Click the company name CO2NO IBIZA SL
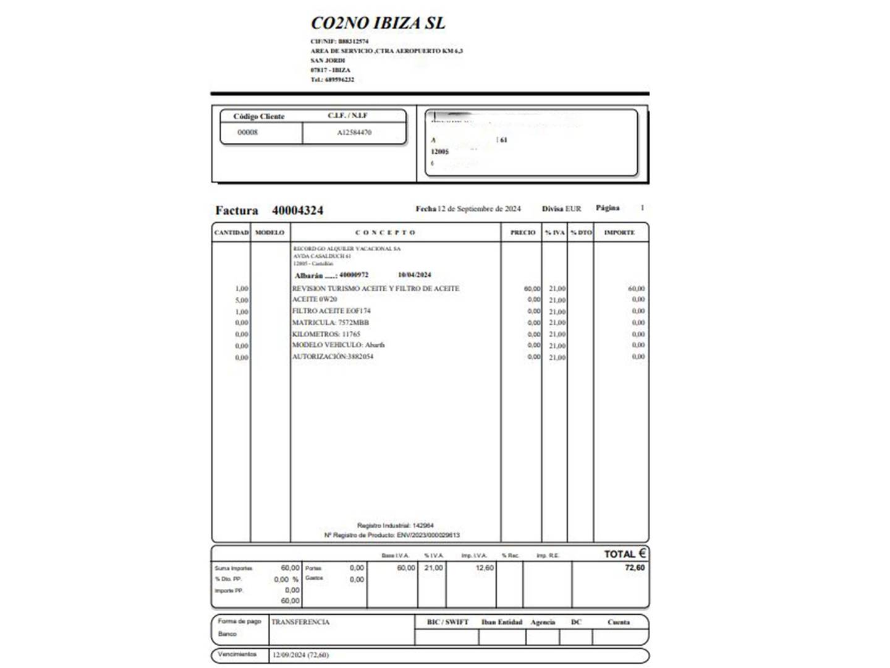[378, 24]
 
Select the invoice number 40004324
[297, 210]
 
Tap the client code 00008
[247, 132]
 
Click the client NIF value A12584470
[354, 132]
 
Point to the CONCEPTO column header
[386, 233]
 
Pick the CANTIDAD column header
[231, 233]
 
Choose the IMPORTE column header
[619, 233]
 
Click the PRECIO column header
[523, 233]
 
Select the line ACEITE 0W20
[315, 299]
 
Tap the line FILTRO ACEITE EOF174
[331, 311]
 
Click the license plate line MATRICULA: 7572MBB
[330, 322]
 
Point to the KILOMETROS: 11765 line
[326, 334]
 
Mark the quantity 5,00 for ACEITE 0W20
[242, 300]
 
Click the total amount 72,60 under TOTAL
[635, 568]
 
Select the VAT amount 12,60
[485, 568]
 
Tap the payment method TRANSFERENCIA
[300, 622]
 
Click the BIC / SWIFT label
[447, 622]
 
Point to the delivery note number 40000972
[354, 275]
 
